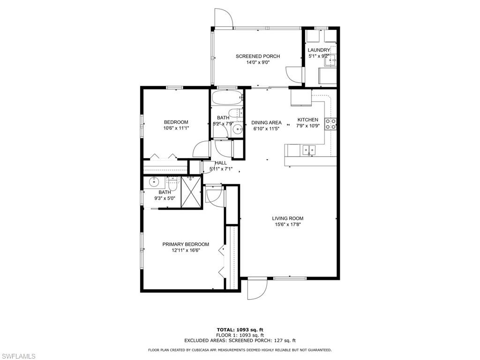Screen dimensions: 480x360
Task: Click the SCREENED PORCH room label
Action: [x=258, y=56]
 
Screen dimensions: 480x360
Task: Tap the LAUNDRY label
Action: [x=319, y=50]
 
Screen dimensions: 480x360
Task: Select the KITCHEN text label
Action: [x=307, y=120]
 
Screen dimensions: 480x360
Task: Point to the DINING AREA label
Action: [x=266, y=123]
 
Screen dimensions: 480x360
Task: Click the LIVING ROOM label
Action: [x=288, y=218]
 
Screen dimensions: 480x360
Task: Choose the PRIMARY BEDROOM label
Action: [x=186, y=244]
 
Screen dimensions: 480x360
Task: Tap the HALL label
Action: [x=221, y=163]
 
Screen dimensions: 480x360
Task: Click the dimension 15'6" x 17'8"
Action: [x=288, y=225]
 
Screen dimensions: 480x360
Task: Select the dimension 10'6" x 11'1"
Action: [x=176, y=128]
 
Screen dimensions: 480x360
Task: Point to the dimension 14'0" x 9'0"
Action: [x=258, y=62]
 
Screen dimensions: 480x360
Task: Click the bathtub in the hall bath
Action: [x=227, y=98]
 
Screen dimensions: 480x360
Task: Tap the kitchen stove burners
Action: [x=330, y=124]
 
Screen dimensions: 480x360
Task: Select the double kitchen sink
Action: [x=309, y=150]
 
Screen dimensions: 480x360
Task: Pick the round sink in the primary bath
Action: [x=154, y=182]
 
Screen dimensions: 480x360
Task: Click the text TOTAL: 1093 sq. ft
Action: [x=240, y=330]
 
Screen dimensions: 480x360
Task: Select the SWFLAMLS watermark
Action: [x=18, y=356]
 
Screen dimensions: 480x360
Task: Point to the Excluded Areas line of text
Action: [x=240, y=340]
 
